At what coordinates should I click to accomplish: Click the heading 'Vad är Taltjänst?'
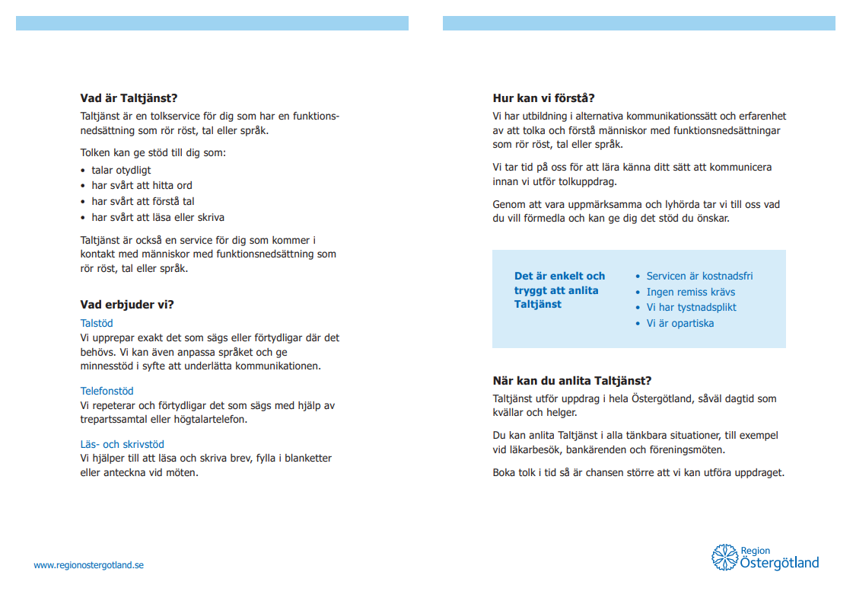pyautogui.click(x=129, y=98)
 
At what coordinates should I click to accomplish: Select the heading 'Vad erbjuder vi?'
pyautogui.click(x=127, y=305)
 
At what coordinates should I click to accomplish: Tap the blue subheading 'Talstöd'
pyautogui.click(x=97, y=323)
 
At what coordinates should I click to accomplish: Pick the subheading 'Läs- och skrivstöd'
pyautogui.click(x=122, y=444)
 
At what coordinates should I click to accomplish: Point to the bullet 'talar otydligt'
pyautogui.click(x=121, y=170)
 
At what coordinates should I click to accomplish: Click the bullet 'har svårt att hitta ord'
pyautogui.click(x=142, y=185)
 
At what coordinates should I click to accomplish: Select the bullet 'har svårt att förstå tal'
pyautogui.click(x=143, y=201)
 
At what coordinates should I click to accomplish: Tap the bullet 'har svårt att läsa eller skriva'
pyautogui.click(x=158, y=217)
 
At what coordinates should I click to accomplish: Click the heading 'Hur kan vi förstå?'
pyautogui.click(x=543, y=98)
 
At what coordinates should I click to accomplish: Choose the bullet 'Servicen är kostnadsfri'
pyautogui.click(x=699, y=276)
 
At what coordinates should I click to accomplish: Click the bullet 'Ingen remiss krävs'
pyautogui.click(x=690, y=292)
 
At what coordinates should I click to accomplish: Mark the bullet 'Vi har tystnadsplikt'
pyautogui.click(x=691, y=307)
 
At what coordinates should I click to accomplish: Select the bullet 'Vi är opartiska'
pyautogui.click(x=680, y=323)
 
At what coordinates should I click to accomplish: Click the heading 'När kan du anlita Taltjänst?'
pyautogui.click(x=572, y=381)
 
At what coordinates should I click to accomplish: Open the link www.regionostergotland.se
pyautogui.click(x=88, y=565)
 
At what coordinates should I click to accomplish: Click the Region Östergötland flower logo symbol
pyautogui.click(x=724, y=557)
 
